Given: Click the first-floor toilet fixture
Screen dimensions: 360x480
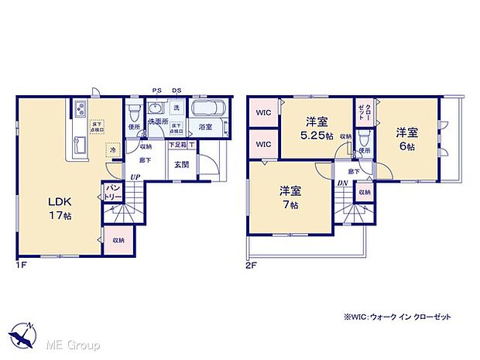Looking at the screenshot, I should coord(135,111).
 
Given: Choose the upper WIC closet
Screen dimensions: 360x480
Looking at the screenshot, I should coord(263,113).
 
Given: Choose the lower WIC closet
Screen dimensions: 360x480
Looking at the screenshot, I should coord(263,144).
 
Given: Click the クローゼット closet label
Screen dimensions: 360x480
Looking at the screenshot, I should coord(363,112).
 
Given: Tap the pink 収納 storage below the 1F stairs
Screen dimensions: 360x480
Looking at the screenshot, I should coord(118,240).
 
